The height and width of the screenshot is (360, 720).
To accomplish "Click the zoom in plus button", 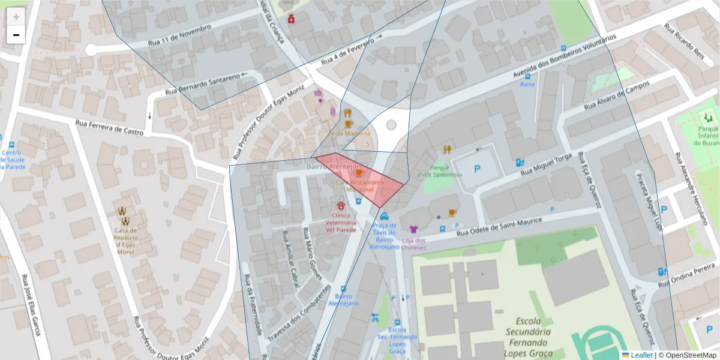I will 16,17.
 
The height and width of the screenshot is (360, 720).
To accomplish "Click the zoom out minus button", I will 16,35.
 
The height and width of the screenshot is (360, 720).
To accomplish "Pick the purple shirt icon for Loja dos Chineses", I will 413,229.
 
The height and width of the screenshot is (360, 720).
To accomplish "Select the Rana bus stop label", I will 527,85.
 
